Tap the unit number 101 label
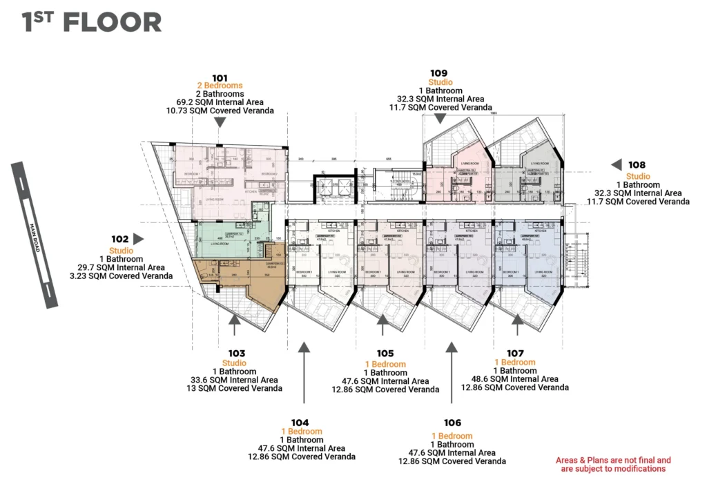tap(220, 77)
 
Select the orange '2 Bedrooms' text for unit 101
tap(220, 86)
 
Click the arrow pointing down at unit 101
tap(220, 122)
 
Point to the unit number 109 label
tap(440, 73)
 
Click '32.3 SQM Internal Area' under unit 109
tap(440, 99)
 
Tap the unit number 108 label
tap(637, 165)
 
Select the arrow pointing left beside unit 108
tap(615, 165)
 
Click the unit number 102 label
tap(121, 240)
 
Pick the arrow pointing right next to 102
tap(139, 239)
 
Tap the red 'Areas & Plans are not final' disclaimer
tap(613, 464)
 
